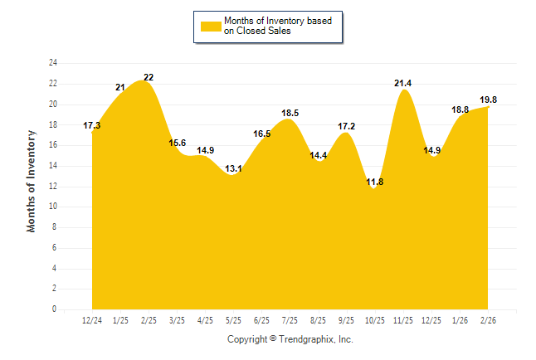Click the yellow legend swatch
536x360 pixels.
coord(211,26)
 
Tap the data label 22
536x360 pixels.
coord(149,77)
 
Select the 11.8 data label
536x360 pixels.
coord(375,182)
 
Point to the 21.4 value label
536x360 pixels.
coord(403,83)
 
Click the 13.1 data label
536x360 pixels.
coord(234,168)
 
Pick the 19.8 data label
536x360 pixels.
coord(489,100)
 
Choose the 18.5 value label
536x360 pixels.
coord(290,113)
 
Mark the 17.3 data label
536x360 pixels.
coord(92,125)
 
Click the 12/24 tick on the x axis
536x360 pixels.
coord(92,320)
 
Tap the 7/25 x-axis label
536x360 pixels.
coord(290,320)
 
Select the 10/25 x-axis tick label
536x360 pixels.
coord(375,320)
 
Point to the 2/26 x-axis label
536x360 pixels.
coord(489,320)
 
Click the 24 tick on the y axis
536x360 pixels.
coord(53,63)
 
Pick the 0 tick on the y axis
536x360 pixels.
coord(55,309)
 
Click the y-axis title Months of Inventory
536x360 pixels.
coord(32,180)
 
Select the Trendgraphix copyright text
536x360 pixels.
coord(290,339)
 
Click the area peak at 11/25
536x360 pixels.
coord(403,90)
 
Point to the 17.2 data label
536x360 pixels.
coord(347,126)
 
